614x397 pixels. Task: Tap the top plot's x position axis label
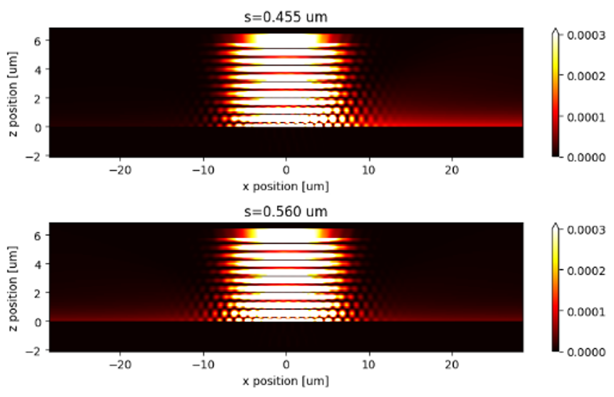click(286, 186)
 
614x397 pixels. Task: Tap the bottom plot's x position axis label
click(286, 381)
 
